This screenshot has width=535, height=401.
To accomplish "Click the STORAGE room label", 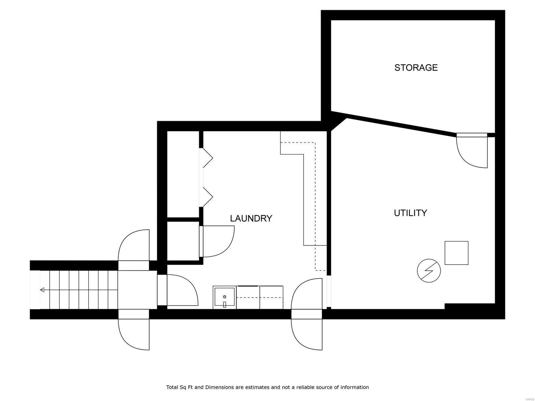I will pyautogui.click(x=416, y=68).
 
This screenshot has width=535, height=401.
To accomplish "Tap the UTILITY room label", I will pyautogui.click(x=410, y=213).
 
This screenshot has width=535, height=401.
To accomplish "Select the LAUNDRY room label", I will pyautogui.click(x=251, y=218).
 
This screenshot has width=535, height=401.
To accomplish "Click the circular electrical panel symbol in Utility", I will pyautogui.click(x=429, y=270).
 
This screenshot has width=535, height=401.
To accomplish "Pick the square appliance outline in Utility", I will pyautogui.click(x=456, y=253).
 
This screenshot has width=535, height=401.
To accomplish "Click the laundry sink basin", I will pyautogui.click(x=224, y=297).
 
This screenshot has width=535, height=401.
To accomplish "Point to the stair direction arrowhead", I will pyautogui.click(x=42, y=290).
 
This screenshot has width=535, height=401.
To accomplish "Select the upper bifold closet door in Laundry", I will pyautogui.click(x=207, y=157).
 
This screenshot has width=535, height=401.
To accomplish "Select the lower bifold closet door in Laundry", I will pyautogui.click(x=207, y=197).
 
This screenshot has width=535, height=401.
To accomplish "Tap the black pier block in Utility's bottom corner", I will pyautogui.click(x=469, y=306).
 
